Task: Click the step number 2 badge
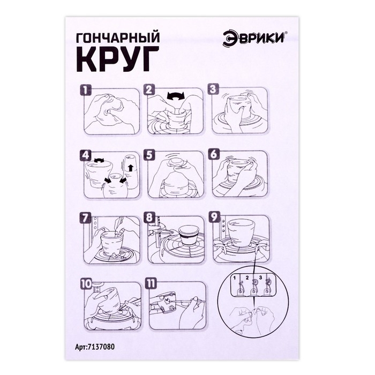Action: click(150, 90)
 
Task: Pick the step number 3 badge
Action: click(214, 90)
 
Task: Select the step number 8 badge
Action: click(150, 219)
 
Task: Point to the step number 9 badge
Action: click(214, 219)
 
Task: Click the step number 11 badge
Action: click(151, 282)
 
